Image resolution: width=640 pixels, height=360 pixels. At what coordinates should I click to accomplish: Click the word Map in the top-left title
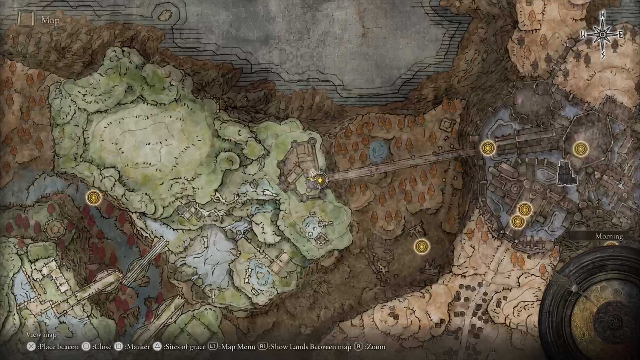pyautogui.click(x=50, y=20)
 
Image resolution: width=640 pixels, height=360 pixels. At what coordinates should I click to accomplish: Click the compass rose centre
pyautogui.click(x=602, y=35)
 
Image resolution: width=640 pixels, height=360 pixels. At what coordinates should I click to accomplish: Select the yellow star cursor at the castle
pyautogui.click(x=319, y=180)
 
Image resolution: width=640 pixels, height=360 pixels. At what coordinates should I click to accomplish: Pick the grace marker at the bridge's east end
pyautogui.click(x=488, y=148)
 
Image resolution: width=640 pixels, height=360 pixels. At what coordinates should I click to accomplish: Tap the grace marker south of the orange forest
pyautogui.click(x=421, y=246)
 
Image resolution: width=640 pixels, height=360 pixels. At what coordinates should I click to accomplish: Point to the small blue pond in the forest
pyautogui.click(x=377, y=151)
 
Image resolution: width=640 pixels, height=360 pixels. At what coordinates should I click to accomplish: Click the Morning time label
pyautogui.click(x=609, y=236)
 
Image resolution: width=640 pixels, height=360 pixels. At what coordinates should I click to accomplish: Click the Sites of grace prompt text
pyautogui.click(x=185, y=347)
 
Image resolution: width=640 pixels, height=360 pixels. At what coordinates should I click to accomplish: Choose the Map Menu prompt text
pyautogui.click(x=238, y=347)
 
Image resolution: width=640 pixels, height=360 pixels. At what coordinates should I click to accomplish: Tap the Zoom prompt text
pyautogui.click(x=375, y=347)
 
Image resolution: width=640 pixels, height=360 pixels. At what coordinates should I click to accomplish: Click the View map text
pyautogui.click(x=41, y=334)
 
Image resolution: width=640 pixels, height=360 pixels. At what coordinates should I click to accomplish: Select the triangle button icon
pyautogui.click(x=157, y=346)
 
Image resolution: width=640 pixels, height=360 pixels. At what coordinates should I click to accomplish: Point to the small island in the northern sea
pyautogui.click(x=166, y=15)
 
